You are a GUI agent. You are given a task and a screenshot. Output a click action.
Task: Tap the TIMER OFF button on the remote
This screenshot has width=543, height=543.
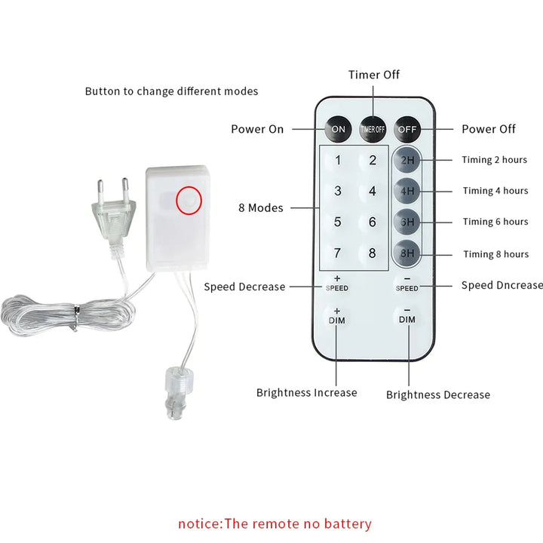pyautogui.click(x=373, y=129)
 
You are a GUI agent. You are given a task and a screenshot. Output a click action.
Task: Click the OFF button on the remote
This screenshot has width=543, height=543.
pyautogui.click(x=407, y=129)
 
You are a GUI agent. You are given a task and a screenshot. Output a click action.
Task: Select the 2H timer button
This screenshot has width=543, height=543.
pyautogui.click(x=407, y=160)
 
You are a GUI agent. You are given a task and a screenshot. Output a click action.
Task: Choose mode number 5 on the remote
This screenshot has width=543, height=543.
pyautogui.click(x=338, y=222)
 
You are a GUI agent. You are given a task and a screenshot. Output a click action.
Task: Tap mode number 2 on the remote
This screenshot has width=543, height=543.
pyautogui.click(x=373, y=160)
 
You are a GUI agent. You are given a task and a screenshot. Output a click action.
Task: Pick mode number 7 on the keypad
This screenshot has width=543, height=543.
pyautogui.click(x=338, y=253)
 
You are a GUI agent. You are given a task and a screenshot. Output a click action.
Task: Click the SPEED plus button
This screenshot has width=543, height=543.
pyautogui.click(x=337, y=284)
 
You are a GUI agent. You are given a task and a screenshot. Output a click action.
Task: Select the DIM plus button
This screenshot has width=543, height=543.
pyautogui.click(x=337, y=316)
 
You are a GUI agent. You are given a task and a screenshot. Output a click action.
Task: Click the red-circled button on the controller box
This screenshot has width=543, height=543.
pyautogui.click(x=189, y=200)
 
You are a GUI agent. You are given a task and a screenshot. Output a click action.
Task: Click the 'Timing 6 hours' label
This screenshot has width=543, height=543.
pyautogui.click(x=495, y=222)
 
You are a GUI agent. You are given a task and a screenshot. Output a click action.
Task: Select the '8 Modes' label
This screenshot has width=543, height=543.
pyautogui.click(x=261, y=207)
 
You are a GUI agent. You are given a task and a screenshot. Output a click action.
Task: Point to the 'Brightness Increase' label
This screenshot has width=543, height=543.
pyautogui.click(x=306, y=392)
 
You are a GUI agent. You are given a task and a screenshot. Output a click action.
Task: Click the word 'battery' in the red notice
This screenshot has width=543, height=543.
pyautogui.click(x=347, y=523)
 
